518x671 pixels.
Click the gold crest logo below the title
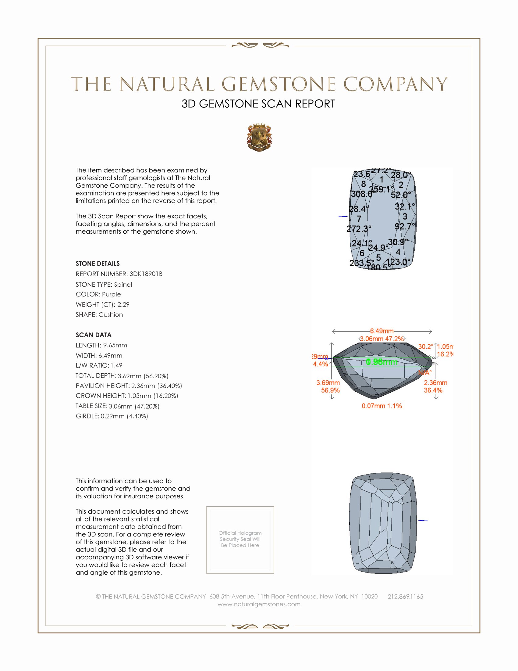click(x=259, y=138)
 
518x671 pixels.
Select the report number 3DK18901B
click(x=146, y=274)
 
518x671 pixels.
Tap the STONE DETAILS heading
click(x=98, y=264)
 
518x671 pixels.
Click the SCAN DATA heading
click(x=94, y=335)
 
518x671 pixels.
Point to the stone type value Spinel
click(x=123, y=285)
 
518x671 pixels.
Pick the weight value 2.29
click(x=123, y=304)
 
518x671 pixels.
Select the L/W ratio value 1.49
click(x=116, y=365)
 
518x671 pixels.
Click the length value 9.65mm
click(x=115, y=345)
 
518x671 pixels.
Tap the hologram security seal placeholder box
click(x=240, y=540)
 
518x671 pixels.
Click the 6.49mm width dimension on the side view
click(x=381, y=331)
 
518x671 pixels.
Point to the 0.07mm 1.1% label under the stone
click(x=381, y=406)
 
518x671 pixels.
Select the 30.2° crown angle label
click(x=426, y=346)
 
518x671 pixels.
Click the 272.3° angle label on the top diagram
click(x=358, y=229)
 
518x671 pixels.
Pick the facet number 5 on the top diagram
click(x=378, y=257)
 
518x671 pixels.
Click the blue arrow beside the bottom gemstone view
click(x=423, y=520)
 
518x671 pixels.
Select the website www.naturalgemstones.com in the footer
click(x=259, y=604)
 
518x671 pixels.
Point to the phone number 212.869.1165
click(x=405, y=596)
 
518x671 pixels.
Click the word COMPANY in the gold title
click(x=395, y=84)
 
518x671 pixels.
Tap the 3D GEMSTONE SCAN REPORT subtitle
click(x=258, y=104)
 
